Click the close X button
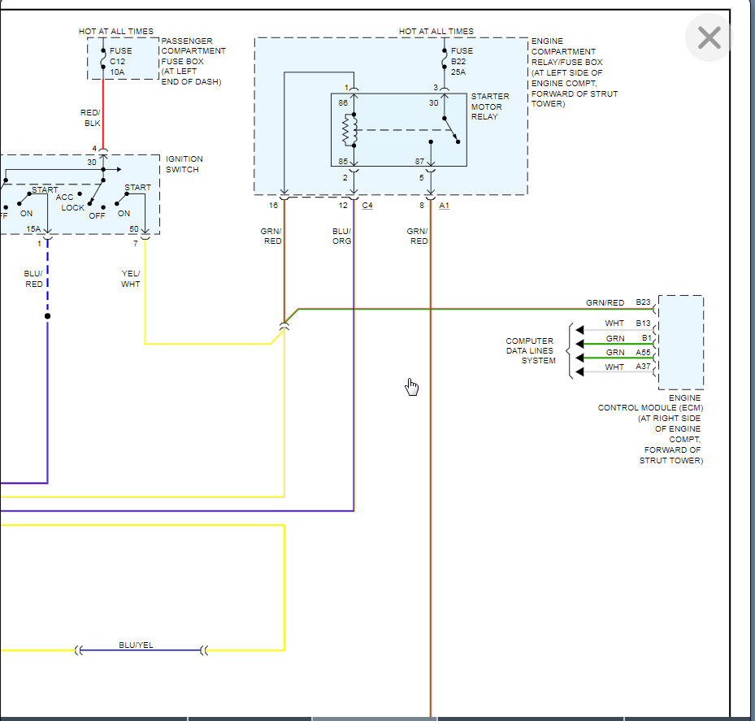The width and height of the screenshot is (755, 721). coord(709,37)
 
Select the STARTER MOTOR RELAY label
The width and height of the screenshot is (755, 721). coord(490,106)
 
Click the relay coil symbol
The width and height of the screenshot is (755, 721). coord(349,130)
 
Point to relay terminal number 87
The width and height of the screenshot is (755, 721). coord(419,161)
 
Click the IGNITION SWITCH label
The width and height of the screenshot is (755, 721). coord(184,163)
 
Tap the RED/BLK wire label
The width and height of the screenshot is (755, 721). coord(90,118)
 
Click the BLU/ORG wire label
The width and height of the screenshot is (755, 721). coord(341,236)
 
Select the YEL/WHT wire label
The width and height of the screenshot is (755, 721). coord(131,278)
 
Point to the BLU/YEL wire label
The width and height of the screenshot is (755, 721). coord(136,645)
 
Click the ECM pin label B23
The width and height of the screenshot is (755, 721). coord(643,302)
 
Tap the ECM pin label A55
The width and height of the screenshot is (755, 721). coord(643,352)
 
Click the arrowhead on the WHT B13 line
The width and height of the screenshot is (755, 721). coord(579,330)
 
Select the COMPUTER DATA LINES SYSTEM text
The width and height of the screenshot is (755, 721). coord(530,350)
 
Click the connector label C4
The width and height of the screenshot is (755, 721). coord(367,205)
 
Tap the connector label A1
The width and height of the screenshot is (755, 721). coord(444,205)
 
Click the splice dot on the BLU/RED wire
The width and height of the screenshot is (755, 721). coord(48,316)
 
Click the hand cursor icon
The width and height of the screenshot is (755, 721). coord(412,387)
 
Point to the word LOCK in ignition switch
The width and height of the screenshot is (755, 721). coord(72,207)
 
